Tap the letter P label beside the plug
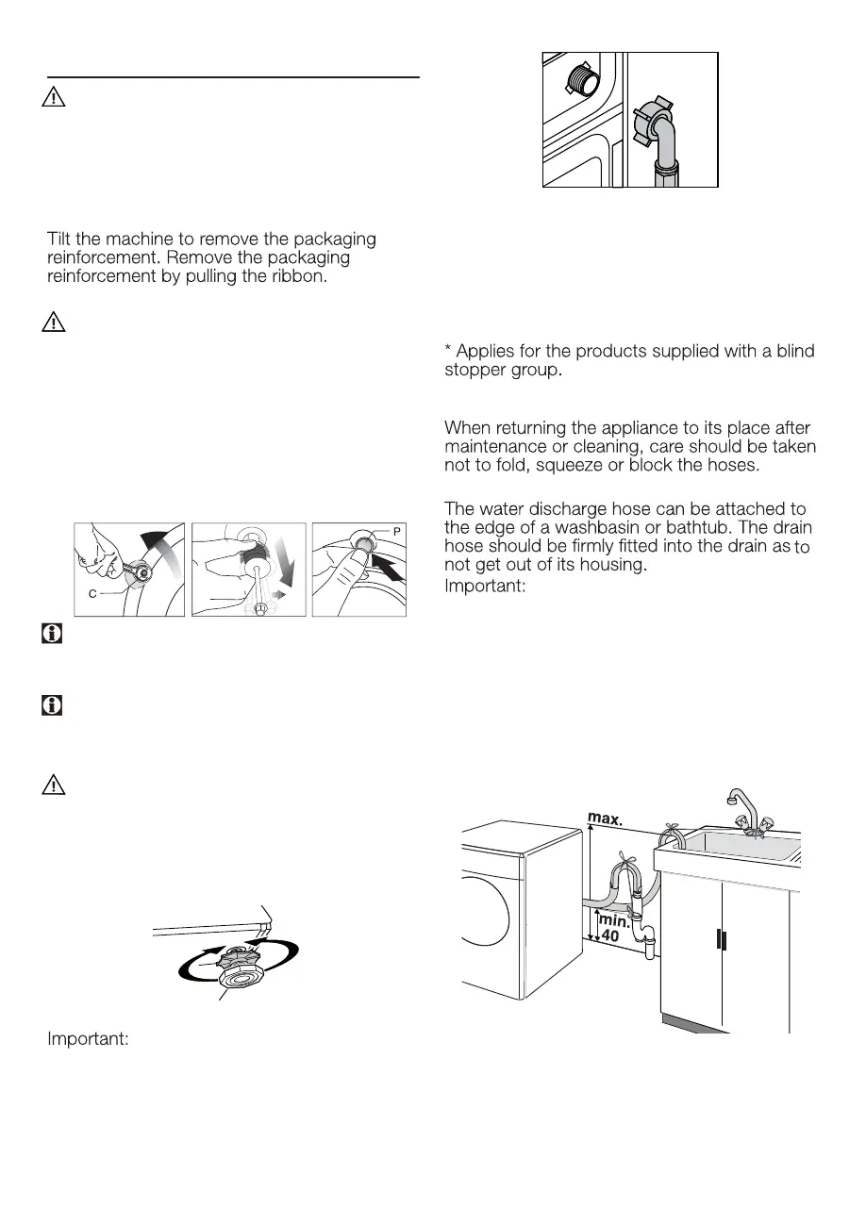click(398, 532)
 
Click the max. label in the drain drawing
click(605, 818)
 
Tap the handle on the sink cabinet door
click(720, 940)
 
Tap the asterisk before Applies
click(448, 351)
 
